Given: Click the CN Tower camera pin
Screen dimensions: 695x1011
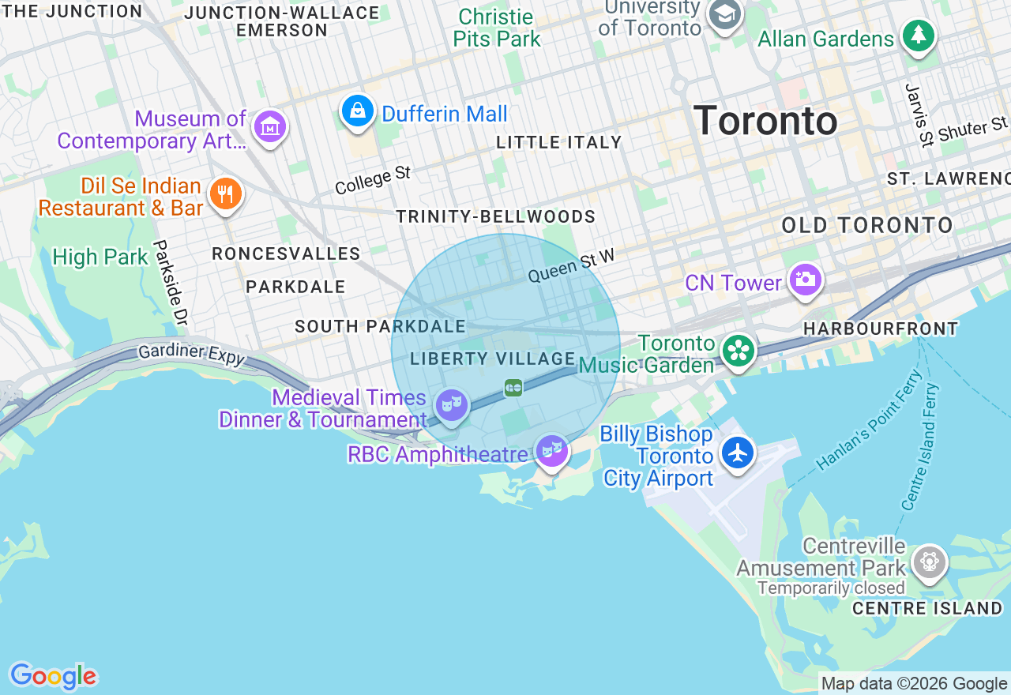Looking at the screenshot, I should pyautogui.click(x=805, y=280).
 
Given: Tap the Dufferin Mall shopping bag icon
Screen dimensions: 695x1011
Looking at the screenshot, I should pyautogui.click(x=358, y=111).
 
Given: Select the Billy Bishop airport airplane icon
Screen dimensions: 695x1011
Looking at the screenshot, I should pyautogui.click(x=738, y=453).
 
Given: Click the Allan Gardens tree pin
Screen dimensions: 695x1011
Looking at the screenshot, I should pyautogui.click(x=918, y=36).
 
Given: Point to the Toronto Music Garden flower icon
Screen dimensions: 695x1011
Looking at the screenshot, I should pyautogui.click(x=738, y=349).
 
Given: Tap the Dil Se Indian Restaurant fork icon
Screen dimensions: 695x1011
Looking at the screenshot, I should pyautogui.click(x=225, y=193).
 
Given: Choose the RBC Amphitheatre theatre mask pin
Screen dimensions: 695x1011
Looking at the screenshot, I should pyautogui.click(x=551, y=450).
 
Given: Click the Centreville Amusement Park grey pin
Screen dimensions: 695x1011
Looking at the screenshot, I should pyautogui.click(x=929, y=562).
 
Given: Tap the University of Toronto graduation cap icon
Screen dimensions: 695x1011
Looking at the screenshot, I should pyautogui.click(x=723, y=15).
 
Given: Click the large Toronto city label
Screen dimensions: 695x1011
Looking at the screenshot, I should pyautogui.click(x=765, y=121).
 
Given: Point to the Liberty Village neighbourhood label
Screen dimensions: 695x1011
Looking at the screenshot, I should pyautogui.click(x=492, y=359).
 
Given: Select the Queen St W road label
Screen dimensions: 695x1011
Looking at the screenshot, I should pyautogui.click(x=570, y=265).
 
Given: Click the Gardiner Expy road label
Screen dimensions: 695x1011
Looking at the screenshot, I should pyautogui.click(x=191, y=353).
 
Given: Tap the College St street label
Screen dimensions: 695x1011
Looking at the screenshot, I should pyautogui.click(x=373, y=180).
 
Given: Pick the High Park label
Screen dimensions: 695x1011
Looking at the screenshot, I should pyautogui.click(x=100, y=257).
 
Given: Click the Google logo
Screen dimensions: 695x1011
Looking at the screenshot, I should pyautogui.click(x=53, y=676).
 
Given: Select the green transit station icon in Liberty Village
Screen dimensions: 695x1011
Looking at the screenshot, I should pyautogui.click(x=513, y=388).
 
